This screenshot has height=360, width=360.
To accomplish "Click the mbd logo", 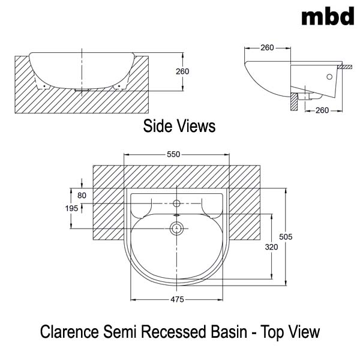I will click(x=328, y=17).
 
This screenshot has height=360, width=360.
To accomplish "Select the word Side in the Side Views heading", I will click(x=157, y=126).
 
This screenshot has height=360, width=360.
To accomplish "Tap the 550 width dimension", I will click(x=173, y=154).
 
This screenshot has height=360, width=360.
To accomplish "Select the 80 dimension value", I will click(x=82, y=195).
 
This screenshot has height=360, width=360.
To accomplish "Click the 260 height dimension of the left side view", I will click(x=182, y=71).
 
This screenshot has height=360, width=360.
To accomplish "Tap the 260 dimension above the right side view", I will click(x=268, y=47).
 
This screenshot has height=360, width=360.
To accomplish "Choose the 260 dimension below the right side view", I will click(x=322, y=110).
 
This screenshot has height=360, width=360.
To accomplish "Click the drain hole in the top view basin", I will click(x=176, y=228).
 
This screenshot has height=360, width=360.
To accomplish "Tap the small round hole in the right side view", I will click(x=329, y=77).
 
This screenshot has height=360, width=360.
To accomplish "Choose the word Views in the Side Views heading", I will click(x=195, y=126).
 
